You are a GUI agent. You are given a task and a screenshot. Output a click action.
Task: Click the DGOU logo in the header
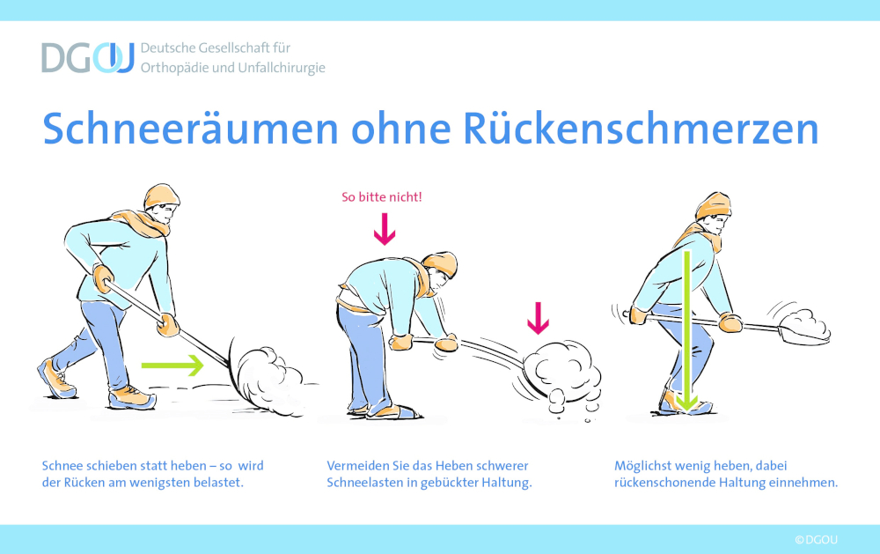[87, 57]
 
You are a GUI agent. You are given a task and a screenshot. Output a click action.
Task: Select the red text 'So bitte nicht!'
[382, 196]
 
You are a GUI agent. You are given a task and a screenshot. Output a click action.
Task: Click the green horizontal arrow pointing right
[172, 362]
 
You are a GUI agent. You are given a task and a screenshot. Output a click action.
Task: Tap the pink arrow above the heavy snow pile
[537, 318]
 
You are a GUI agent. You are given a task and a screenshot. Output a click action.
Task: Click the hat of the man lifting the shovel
[713, 205]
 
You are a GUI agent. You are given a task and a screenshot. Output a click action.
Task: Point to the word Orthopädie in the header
[176, 67]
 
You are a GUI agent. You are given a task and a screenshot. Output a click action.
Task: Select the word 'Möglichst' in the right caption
[643, 465]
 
